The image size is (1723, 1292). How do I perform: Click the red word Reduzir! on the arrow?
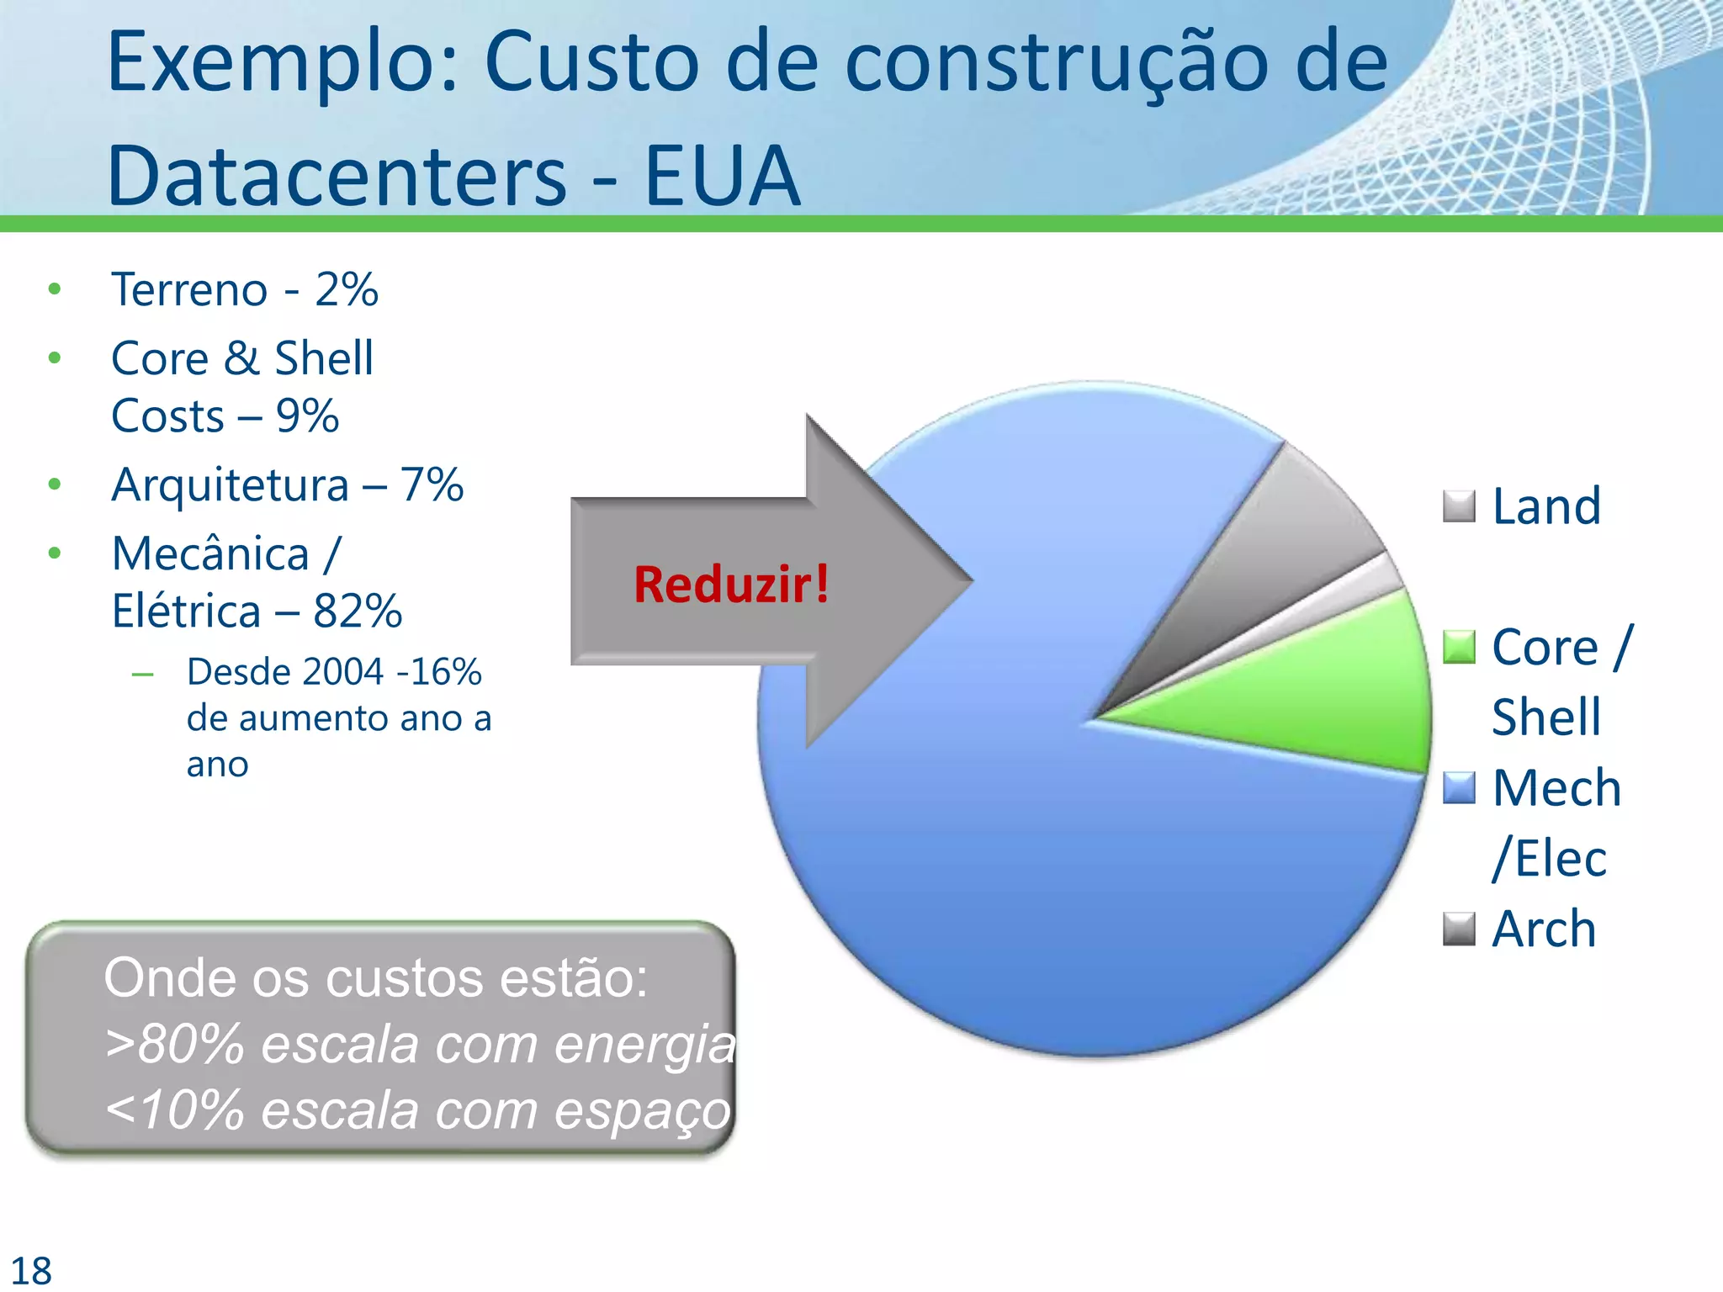[731, 585]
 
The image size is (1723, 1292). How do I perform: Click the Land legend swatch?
[1459, 506]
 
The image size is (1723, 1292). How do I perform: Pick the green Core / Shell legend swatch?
[1459, 647]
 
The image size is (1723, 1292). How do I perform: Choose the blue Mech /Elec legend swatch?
[1459, 788]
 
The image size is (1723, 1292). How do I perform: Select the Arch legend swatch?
[1459, 929]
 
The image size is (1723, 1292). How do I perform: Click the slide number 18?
[31, 1270]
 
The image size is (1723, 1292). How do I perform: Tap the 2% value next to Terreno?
[347, 290]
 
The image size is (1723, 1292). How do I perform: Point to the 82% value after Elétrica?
[358, 612]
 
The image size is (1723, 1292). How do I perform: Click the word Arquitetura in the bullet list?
[230, 485]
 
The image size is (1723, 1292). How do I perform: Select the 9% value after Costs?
[307, 416]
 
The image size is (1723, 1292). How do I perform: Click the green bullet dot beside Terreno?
[55, 289]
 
